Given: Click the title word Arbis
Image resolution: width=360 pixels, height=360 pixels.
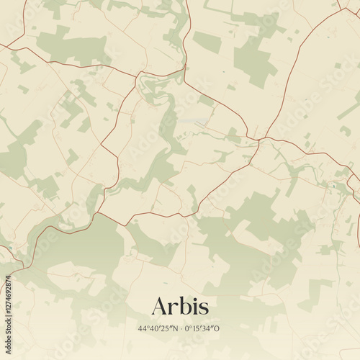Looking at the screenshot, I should pos(180,306).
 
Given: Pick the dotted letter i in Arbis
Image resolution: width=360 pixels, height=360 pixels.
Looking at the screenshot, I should pos(195,306).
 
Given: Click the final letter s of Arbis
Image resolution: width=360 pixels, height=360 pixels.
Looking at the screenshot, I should pos(204,308).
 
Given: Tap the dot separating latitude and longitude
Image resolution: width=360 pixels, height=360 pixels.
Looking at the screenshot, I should pos(182,329).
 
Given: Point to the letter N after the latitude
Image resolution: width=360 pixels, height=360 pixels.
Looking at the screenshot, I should pos(175,329).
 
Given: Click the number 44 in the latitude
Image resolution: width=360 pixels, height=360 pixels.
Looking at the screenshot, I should pos(141,329).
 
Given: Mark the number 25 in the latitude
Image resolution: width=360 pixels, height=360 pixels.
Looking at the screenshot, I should pos(166,329).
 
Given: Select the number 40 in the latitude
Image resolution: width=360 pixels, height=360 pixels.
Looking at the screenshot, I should pos(153,329).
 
